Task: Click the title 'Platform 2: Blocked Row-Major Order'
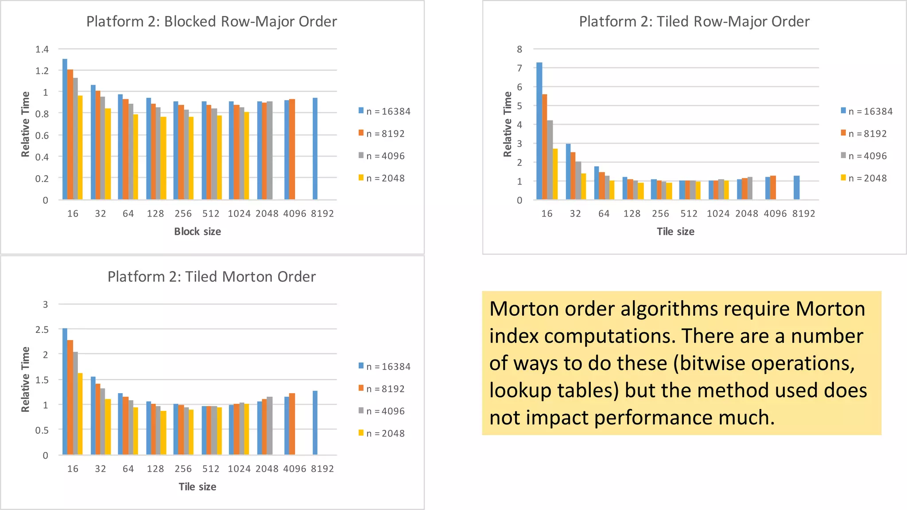click(x=211, y=21)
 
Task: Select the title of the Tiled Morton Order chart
click(x=211, y=277)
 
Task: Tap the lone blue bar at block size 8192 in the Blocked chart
click(x=315, y=149)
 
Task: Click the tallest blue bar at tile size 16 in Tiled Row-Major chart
click(x=539, y=131)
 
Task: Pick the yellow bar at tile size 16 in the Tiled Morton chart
click(x=80, y=414)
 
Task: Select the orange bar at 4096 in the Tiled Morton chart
click(x=292, y=424)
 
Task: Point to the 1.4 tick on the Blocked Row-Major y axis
click(x=42, y=49)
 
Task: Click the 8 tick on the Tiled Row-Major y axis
click(x=519, y=49)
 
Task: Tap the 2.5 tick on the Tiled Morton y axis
click(x=42, y=329)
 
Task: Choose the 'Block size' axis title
click(x=198, y=232)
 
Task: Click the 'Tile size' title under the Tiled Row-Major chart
click(x=675, y=232)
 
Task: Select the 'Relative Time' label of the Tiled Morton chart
click(x=25, y=379)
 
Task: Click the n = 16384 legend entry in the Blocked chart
click(x=384, y=112)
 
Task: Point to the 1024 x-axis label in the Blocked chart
click(x=239, y=214)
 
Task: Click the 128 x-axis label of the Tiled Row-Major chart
click(x=632, y=214)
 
